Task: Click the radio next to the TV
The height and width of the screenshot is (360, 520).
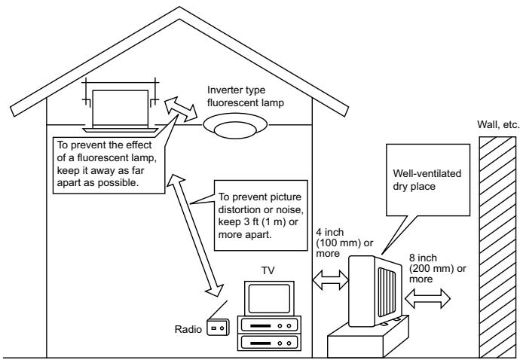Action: (x=218, y=327)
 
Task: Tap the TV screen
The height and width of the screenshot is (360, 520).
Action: (x=269, y=298)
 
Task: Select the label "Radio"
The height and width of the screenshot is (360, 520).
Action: (x=188, y=329)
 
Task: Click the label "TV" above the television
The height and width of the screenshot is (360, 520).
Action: (x=268, y=270)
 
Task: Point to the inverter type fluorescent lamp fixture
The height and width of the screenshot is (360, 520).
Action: (x=235, y=126)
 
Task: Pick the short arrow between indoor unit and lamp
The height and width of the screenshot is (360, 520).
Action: (x=181, y=109)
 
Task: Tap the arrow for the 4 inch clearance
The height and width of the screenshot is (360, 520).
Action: (x=331, y=280)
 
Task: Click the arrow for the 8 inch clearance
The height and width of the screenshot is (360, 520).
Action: (x=427, y=298)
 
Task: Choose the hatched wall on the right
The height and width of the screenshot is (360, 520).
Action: (x=497, y=247)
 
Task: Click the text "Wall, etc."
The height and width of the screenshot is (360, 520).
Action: (x=498, y=124)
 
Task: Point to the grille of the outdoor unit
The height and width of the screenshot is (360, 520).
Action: (x=387, y=292)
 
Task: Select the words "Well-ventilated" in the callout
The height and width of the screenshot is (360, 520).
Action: (x=427, y=173)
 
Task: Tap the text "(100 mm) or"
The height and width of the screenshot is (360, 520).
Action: (x=344, y=243)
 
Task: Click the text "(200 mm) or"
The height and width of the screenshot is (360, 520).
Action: (x=437, y=269)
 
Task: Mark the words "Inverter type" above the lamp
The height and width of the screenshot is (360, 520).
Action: (x=236, y=90)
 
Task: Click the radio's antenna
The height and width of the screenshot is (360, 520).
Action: (x=219, y=310)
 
